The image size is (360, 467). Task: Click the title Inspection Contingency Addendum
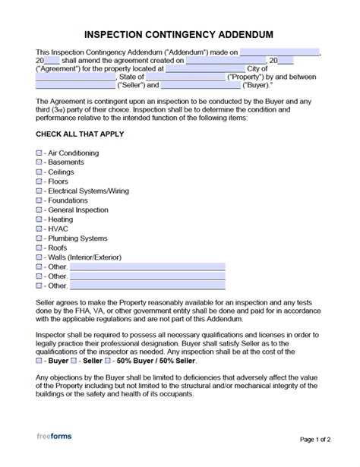click(180, 36)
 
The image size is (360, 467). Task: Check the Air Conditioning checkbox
click(39, 153)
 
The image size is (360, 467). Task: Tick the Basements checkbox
click(39, 163)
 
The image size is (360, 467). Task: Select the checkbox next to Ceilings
click(39, 172)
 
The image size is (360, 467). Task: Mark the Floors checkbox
click(39, 181)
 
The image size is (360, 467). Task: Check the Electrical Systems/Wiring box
click(39, 191)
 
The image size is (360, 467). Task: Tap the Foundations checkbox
click(39, 200)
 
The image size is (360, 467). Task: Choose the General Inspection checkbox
click(39, 210)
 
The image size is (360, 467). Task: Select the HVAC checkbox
click(39, 229)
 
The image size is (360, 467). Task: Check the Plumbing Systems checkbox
click(39, 238)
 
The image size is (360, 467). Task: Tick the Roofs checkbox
click(39, 248)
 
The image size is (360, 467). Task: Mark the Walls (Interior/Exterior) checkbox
click(39, 257)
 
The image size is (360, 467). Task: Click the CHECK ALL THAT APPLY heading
click(80, 134)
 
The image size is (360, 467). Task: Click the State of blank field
click(185, 77)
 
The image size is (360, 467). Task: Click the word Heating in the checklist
click(60, 219)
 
